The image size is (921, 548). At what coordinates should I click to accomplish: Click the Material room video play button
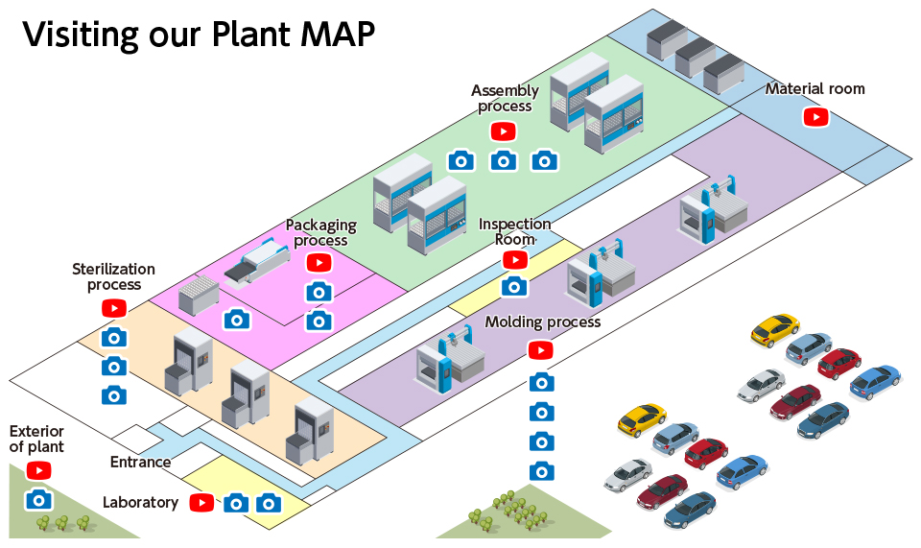coord(815,117)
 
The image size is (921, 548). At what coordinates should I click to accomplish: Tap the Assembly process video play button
coord(504,131)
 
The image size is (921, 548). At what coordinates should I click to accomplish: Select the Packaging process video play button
coord(319,262)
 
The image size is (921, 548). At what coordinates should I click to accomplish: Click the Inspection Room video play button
coord(515,260)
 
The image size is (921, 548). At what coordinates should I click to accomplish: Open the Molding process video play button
coord(541,350)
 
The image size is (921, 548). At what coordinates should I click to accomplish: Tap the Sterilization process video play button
coord(114,308)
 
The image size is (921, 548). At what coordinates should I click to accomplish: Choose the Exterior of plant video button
coord(38,470)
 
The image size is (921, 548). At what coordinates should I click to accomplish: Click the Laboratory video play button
coord(201,502)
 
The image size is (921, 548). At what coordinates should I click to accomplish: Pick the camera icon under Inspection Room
coord(515,286)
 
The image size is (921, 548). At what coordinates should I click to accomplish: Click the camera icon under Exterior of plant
coord(38,499)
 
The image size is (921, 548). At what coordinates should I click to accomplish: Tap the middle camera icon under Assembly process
coord(504,160)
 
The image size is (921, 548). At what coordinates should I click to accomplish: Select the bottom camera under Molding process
coord(542,471)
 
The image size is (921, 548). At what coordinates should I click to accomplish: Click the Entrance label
coord(140,463)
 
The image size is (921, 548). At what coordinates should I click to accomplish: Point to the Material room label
coord(815,89)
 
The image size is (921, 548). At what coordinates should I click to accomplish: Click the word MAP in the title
coord(325,34)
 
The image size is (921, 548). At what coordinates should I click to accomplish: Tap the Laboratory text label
coord(140,502)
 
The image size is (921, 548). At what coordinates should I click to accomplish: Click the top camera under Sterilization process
coord(114,337)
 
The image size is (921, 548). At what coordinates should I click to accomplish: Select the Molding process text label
coord(543,322)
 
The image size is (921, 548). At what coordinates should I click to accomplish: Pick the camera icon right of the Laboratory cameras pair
coord(268,503)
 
